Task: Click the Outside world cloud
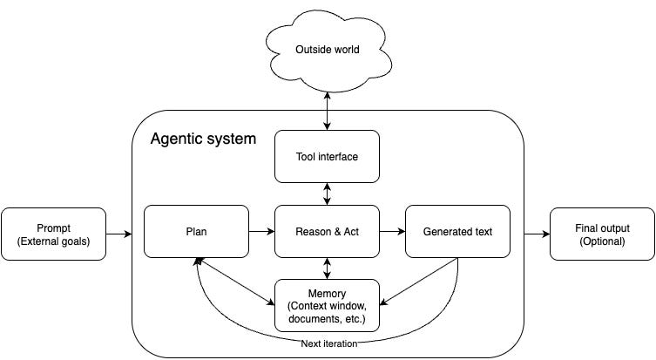click(328, 51)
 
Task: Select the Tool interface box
click(328, 157)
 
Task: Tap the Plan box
click(196, 232)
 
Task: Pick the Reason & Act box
click(328, 232)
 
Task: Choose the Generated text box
click(457, 232)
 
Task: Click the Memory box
click(328, 306)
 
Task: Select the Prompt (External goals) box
click(53, 234)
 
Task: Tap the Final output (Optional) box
click(602, 234)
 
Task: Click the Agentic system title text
click(203, 139)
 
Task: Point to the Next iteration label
click(329, 343)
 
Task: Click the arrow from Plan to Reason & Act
click(262, 231)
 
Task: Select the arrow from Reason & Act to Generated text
click(392, 231)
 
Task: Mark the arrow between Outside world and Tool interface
click(328, 111)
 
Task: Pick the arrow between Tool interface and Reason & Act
click(328, 194)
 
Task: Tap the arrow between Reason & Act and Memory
click(328, 268)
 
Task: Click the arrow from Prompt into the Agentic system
click(119, 234)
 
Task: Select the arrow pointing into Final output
click(537, 234)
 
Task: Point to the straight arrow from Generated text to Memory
click(418, 282)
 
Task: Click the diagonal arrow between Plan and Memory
click(235, 282)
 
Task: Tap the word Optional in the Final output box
click(603, 241)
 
